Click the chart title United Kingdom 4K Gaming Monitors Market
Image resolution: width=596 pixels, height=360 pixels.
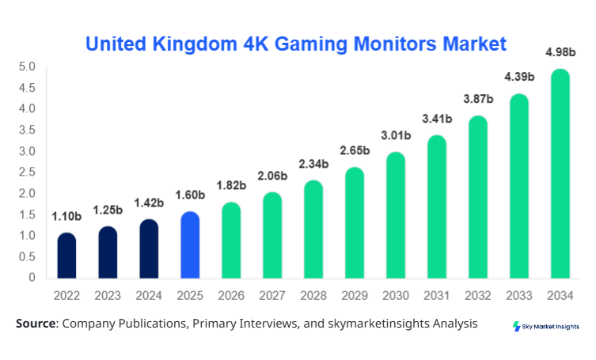tap(294, 43)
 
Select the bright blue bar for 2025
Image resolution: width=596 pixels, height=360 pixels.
tap(190, 245)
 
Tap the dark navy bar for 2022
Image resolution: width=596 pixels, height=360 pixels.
tap(67, 256)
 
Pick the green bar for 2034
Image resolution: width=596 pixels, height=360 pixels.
tap(560, 174)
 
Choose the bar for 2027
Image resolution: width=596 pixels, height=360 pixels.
tap(272, 235)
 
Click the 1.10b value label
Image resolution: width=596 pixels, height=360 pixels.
tap(67, 216)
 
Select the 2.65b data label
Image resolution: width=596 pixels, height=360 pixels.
tap(355, 150)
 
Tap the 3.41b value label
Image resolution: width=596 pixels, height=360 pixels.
tap(437, 119)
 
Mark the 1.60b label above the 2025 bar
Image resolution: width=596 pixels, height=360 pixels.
tap(190, 195)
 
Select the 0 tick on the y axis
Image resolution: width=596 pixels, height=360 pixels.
tap(32, 278)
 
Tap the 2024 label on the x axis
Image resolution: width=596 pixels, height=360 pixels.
tap(150, 295)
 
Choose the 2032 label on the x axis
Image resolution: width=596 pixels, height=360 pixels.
tap(478, 295)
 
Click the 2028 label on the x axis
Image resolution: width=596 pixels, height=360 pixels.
tap(313, 295)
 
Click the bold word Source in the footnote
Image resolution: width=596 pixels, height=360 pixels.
tap(36, 324)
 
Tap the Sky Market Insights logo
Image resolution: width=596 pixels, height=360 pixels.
tap(545, 326)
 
